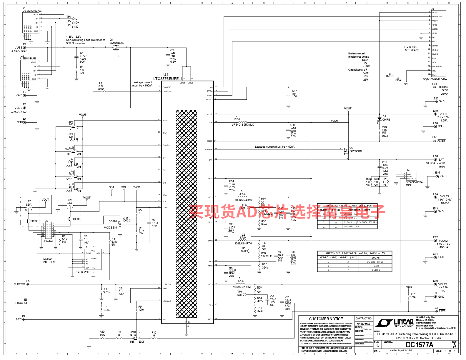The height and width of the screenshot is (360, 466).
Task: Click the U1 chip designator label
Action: [166, 75]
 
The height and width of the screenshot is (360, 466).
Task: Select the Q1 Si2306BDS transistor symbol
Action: [116, 48]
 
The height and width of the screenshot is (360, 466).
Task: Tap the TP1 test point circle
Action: [74, 19]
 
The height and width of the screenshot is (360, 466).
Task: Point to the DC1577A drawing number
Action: [419, 345]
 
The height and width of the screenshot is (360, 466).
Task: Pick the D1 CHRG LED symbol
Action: [380, 119]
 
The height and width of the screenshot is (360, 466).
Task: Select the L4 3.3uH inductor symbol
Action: [242, 121]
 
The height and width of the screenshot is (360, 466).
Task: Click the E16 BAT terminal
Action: [436, 160]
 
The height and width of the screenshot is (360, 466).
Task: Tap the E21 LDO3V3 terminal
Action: [435, 87]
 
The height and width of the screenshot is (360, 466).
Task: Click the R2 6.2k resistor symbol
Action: [104, 91]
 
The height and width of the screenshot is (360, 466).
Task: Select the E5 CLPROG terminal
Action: [28, 284]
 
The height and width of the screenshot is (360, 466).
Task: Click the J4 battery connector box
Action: [411, 176]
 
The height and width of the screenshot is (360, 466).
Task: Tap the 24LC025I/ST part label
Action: [84, 272]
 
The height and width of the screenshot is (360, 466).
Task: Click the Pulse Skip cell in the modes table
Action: [375, 262]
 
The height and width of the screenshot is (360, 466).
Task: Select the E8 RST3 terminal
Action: [436, 311]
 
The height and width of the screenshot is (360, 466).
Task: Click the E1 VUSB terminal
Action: [24, 48]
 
